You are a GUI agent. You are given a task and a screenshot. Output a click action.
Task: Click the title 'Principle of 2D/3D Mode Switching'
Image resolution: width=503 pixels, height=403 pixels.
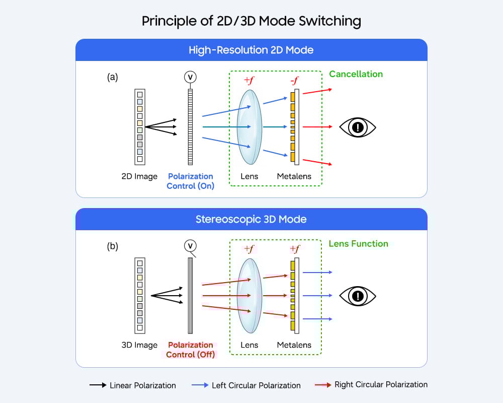click(x=251, y=21)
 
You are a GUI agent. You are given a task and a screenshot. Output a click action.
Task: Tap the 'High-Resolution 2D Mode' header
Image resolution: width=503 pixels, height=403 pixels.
click(x=251, y=50)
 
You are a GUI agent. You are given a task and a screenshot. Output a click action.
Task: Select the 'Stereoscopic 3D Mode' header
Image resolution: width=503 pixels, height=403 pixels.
click(x=251, y=219)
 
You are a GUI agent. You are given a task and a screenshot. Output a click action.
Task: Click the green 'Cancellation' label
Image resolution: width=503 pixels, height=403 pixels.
click(x=356, y=74)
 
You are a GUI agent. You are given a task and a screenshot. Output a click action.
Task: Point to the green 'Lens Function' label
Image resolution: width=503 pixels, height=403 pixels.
click(x=358, y=244)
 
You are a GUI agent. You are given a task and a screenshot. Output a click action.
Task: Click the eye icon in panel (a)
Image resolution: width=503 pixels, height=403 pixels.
click(x=358, y=127)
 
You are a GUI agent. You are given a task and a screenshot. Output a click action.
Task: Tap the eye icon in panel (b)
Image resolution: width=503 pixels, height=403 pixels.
click(x=358, y=296)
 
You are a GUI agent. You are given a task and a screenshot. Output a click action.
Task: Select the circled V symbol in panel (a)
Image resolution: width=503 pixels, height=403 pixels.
click(x=190, y=77)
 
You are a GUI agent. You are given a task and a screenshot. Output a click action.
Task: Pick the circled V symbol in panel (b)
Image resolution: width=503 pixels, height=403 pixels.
click(x=190, y=246)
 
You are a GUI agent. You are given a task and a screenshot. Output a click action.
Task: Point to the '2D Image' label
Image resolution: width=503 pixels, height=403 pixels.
click(x=139, y=176)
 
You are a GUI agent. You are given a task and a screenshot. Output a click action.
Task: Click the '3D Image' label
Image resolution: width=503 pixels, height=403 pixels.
click(x=139, y=345)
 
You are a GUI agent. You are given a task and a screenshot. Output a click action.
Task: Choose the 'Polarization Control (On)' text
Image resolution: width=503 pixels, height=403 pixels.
click(x=190, y=181)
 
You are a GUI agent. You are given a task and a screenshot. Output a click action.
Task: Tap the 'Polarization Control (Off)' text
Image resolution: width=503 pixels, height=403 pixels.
click(x=190, y=350)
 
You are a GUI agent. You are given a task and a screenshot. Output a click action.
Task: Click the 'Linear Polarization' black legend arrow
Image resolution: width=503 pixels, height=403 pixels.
click(x=98, y=385)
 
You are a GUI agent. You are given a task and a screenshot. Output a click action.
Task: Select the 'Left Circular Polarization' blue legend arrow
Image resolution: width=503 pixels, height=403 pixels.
click(x=200, y=385)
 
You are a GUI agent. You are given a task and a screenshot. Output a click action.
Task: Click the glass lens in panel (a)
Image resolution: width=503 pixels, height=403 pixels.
click(x=249, y=127)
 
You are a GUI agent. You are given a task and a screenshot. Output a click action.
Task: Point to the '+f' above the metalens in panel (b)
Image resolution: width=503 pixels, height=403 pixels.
click(x=294, y=249)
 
